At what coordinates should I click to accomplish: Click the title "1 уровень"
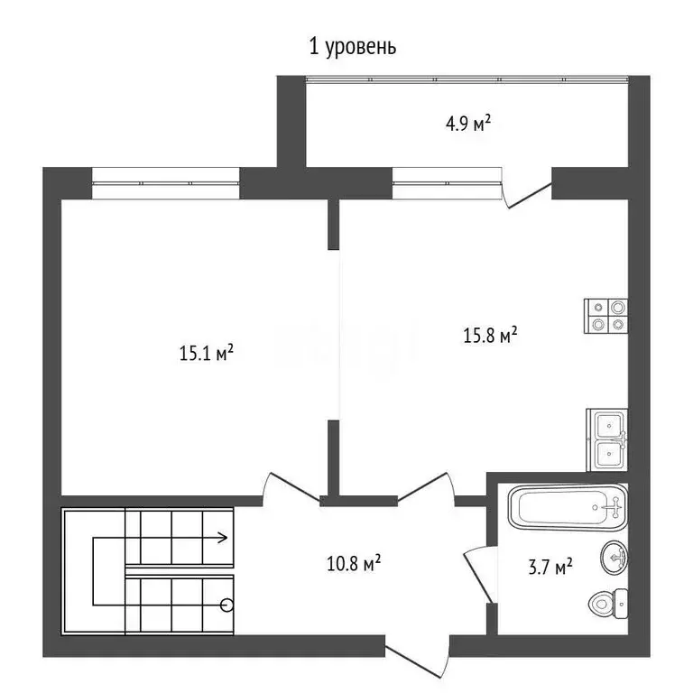click(352, 47)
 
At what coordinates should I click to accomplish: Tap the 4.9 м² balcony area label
click(467, 124)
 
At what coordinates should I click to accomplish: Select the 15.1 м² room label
click(207, 353)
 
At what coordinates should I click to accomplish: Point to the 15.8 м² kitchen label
click(490, 336)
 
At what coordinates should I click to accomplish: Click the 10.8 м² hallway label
click(352, 565)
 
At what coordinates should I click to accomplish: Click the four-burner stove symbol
click(605, 317)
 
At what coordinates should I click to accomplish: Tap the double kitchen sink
click(608, 439)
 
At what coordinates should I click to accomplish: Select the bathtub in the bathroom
click(567, 509)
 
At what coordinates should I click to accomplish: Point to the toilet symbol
click(606, 602)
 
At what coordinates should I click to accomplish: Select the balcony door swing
click(526, 192)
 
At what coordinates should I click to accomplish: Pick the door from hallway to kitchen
click(425, 487)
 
